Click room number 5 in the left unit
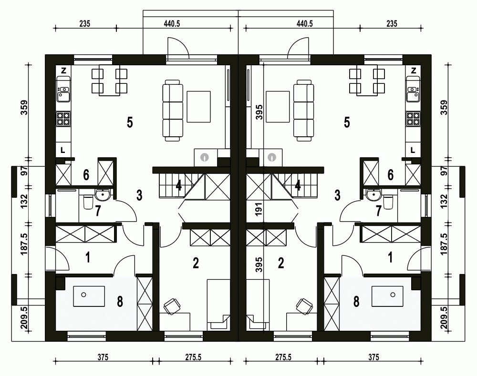[x=129, y=122]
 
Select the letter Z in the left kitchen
[x=63, y=71]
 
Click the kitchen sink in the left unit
[x=63, y=92]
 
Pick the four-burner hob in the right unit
[x=413, y=119]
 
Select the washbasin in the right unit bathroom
[x=373, y=194]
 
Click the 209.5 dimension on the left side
[x=24, y=319]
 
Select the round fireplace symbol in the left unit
[x=205, y=156]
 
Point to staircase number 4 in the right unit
[x=298, y=185]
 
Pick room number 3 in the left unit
[x=139, y=194]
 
